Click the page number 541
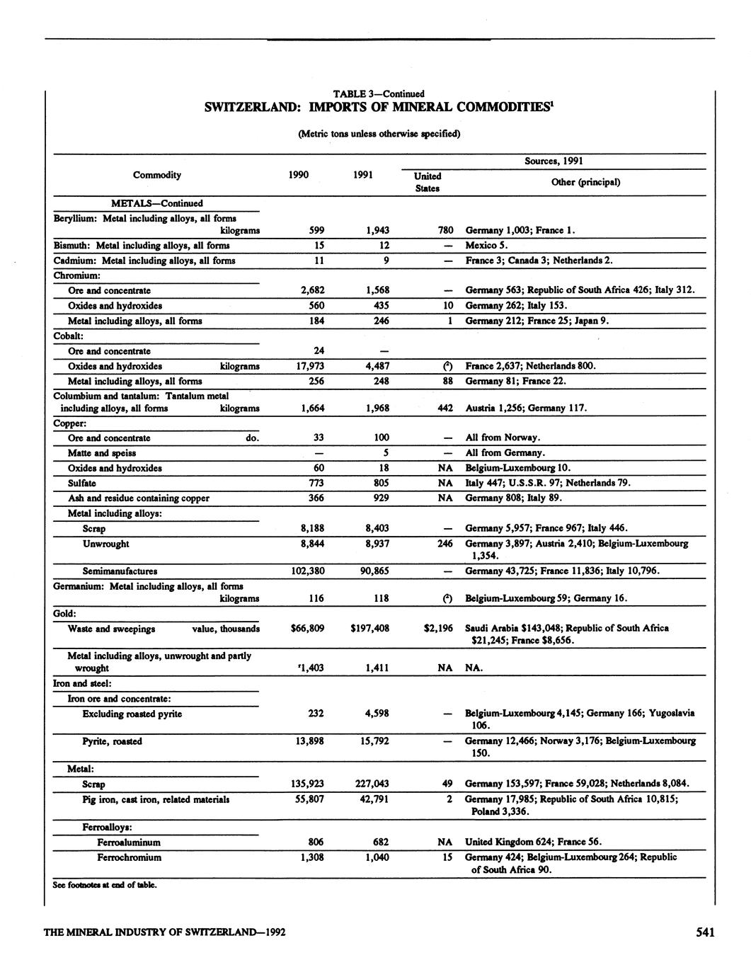pyautogui.click(x=704, y=932)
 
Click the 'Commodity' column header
pyautogui.click(x=157, y=175)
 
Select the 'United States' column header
pyautogui.click(x=427, y=182)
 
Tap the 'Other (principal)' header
pyautogui.click(x=585, y=182)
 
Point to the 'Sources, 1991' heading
pyautogui.click(x=554, y=161)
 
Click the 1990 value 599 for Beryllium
pyautogui.click(x=316, y=230)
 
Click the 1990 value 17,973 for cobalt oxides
pyautogui.click(x=308, y=366)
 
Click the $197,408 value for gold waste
pyautogui.click(x=369, y=628)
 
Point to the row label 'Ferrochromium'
pyautogui.click(x=129, y=857)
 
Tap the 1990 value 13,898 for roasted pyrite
pyautogui.click(x=308, y=741)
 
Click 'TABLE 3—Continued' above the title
pyautogui.click(x=379, y=93)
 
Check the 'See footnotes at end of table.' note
pyautogui.click(x=104, y=884)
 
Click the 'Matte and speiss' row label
pyautogui.click(x=102, y=453)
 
